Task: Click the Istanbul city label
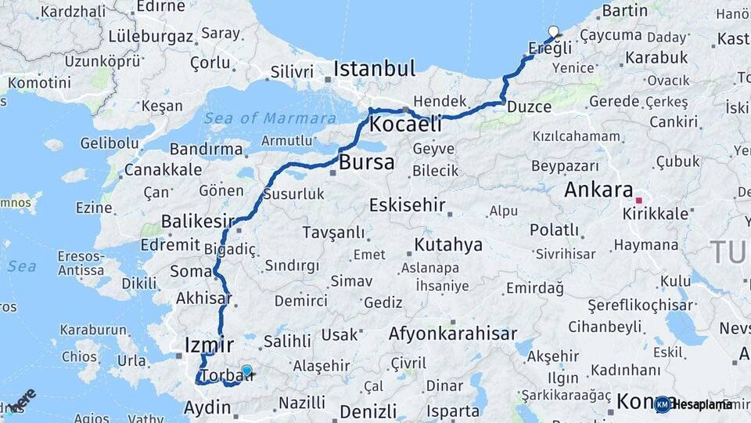[374, 69]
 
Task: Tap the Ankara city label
[598, 190]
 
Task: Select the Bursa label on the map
[367, 164]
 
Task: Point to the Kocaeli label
[405, 124]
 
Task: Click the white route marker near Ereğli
[554, 32]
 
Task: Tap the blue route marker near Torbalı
[246, 371]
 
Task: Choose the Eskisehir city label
[407, 206]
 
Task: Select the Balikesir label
[198, 222]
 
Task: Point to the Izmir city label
[209, 345]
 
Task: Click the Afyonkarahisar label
[453, 334]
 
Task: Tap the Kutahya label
[448, 245]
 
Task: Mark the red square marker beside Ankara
[638, 200]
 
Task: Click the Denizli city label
[367, 410]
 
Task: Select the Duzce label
[529, 107]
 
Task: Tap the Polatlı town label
[554, 230]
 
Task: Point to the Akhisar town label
[203, 298]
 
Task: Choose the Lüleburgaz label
[150, 37]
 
